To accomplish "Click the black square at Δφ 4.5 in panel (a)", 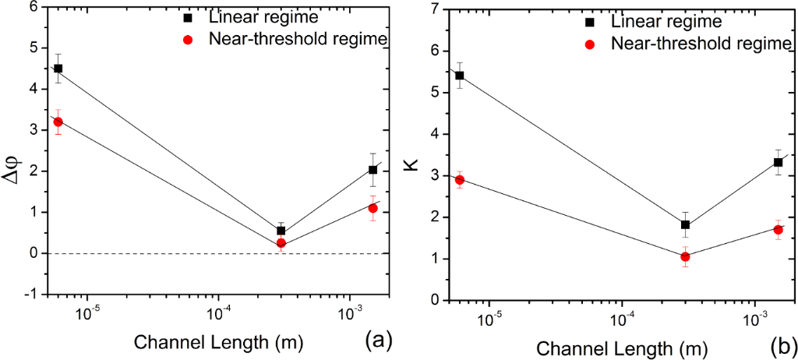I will [x=58, y=68].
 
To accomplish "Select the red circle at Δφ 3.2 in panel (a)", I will [x=58, y=122].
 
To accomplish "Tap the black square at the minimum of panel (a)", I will [x=281, y=231].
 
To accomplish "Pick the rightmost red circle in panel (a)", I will [x=373, y=208].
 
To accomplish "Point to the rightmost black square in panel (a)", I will [x=373, y=170].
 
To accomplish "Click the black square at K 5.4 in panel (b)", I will [x=459, y=76].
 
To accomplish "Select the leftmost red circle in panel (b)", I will [x=459, y=180].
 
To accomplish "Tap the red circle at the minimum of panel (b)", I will [x=685, y=256].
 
